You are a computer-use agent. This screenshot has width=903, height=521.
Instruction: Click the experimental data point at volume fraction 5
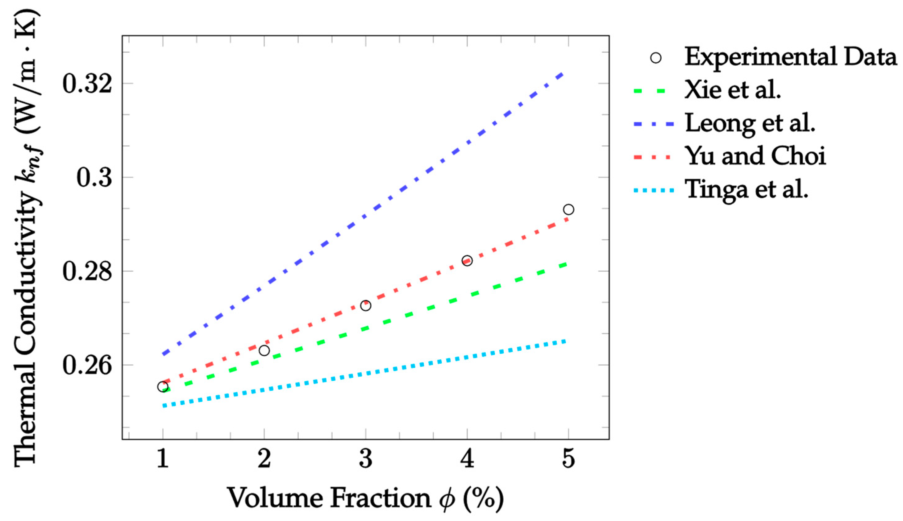[568, 209]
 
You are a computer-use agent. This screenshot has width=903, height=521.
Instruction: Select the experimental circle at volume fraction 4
[467, 260]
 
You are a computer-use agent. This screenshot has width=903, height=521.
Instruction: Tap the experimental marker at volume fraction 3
[365, 306]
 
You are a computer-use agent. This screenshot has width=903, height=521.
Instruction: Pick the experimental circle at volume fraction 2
[264, 350]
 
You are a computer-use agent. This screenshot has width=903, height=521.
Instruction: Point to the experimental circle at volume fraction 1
[163, 387]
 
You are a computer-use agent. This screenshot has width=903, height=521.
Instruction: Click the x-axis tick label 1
[163, 459]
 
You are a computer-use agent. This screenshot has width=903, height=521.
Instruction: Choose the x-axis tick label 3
[365, 459]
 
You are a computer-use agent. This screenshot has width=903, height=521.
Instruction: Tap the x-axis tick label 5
[568, 459]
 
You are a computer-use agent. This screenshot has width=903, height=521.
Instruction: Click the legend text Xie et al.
[732, 90]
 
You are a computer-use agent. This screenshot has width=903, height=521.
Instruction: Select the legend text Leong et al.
[750, 123]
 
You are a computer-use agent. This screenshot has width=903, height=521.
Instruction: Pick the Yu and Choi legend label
[755, 156]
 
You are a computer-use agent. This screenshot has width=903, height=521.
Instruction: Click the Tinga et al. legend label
[746, 190]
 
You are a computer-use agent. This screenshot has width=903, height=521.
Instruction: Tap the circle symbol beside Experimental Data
[656, 58]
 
